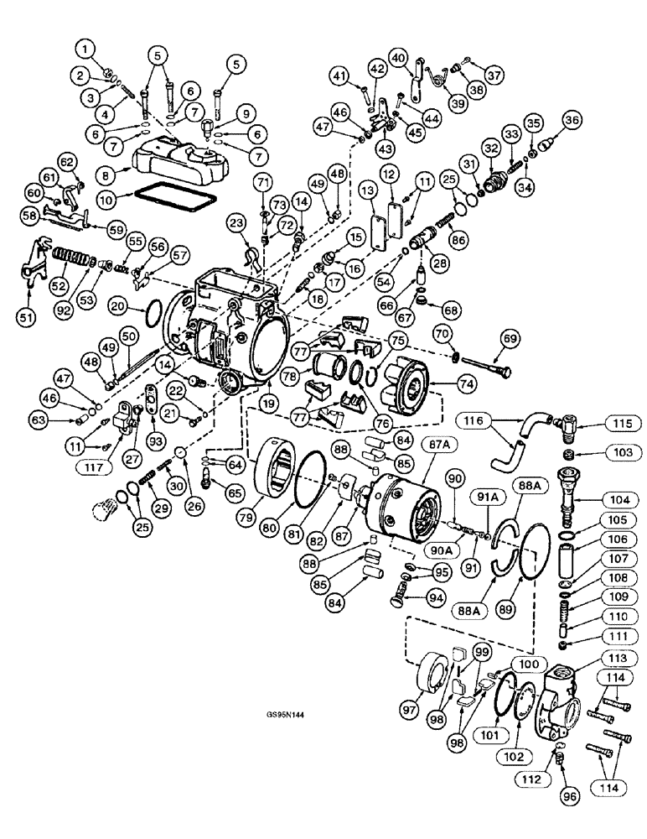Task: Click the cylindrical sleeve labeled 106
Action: click(582, 557)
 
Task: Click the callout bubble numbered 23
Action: click(236, 222)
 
